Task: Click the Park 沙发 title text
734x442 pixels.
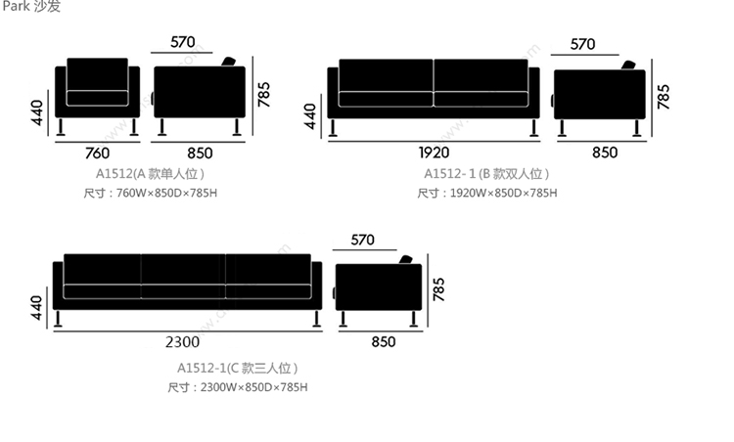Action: (x=30, y=8)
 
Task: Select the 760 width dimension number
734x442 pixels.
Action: (x=97, y=153)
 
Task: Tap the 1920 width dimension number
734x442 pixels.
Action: (x=434, y=153)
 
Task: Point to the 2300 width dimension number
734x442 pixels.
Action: (x=183, y=341)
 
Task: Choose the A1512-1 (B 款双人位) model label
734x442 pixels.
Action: (x=486, y=173)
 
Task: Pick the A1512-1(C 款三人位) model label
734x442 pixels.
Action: (x=238, y=368)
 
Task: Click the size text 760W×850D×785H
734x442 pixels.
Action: (x=152, y=194)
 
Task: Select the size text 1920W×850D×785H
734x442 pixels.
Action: (x=486, y=194)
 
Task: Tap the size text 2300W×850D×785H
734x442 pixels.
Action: (x=238, y=387)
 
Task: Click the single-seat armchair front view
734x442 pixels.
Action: (x=97, y=91)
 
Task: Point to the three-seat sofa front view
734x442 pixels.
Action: (x=187, y=281)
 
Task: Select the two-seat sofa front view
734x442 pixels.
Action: (x=434, y=89)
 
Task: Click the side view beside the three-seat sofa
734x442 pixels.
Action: (x=379, y=287)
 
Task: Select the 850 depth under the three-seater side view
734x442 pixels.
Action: (x=384, y=341)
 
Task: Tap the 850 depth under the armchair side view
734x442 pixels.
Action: (x=199, y=153)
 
